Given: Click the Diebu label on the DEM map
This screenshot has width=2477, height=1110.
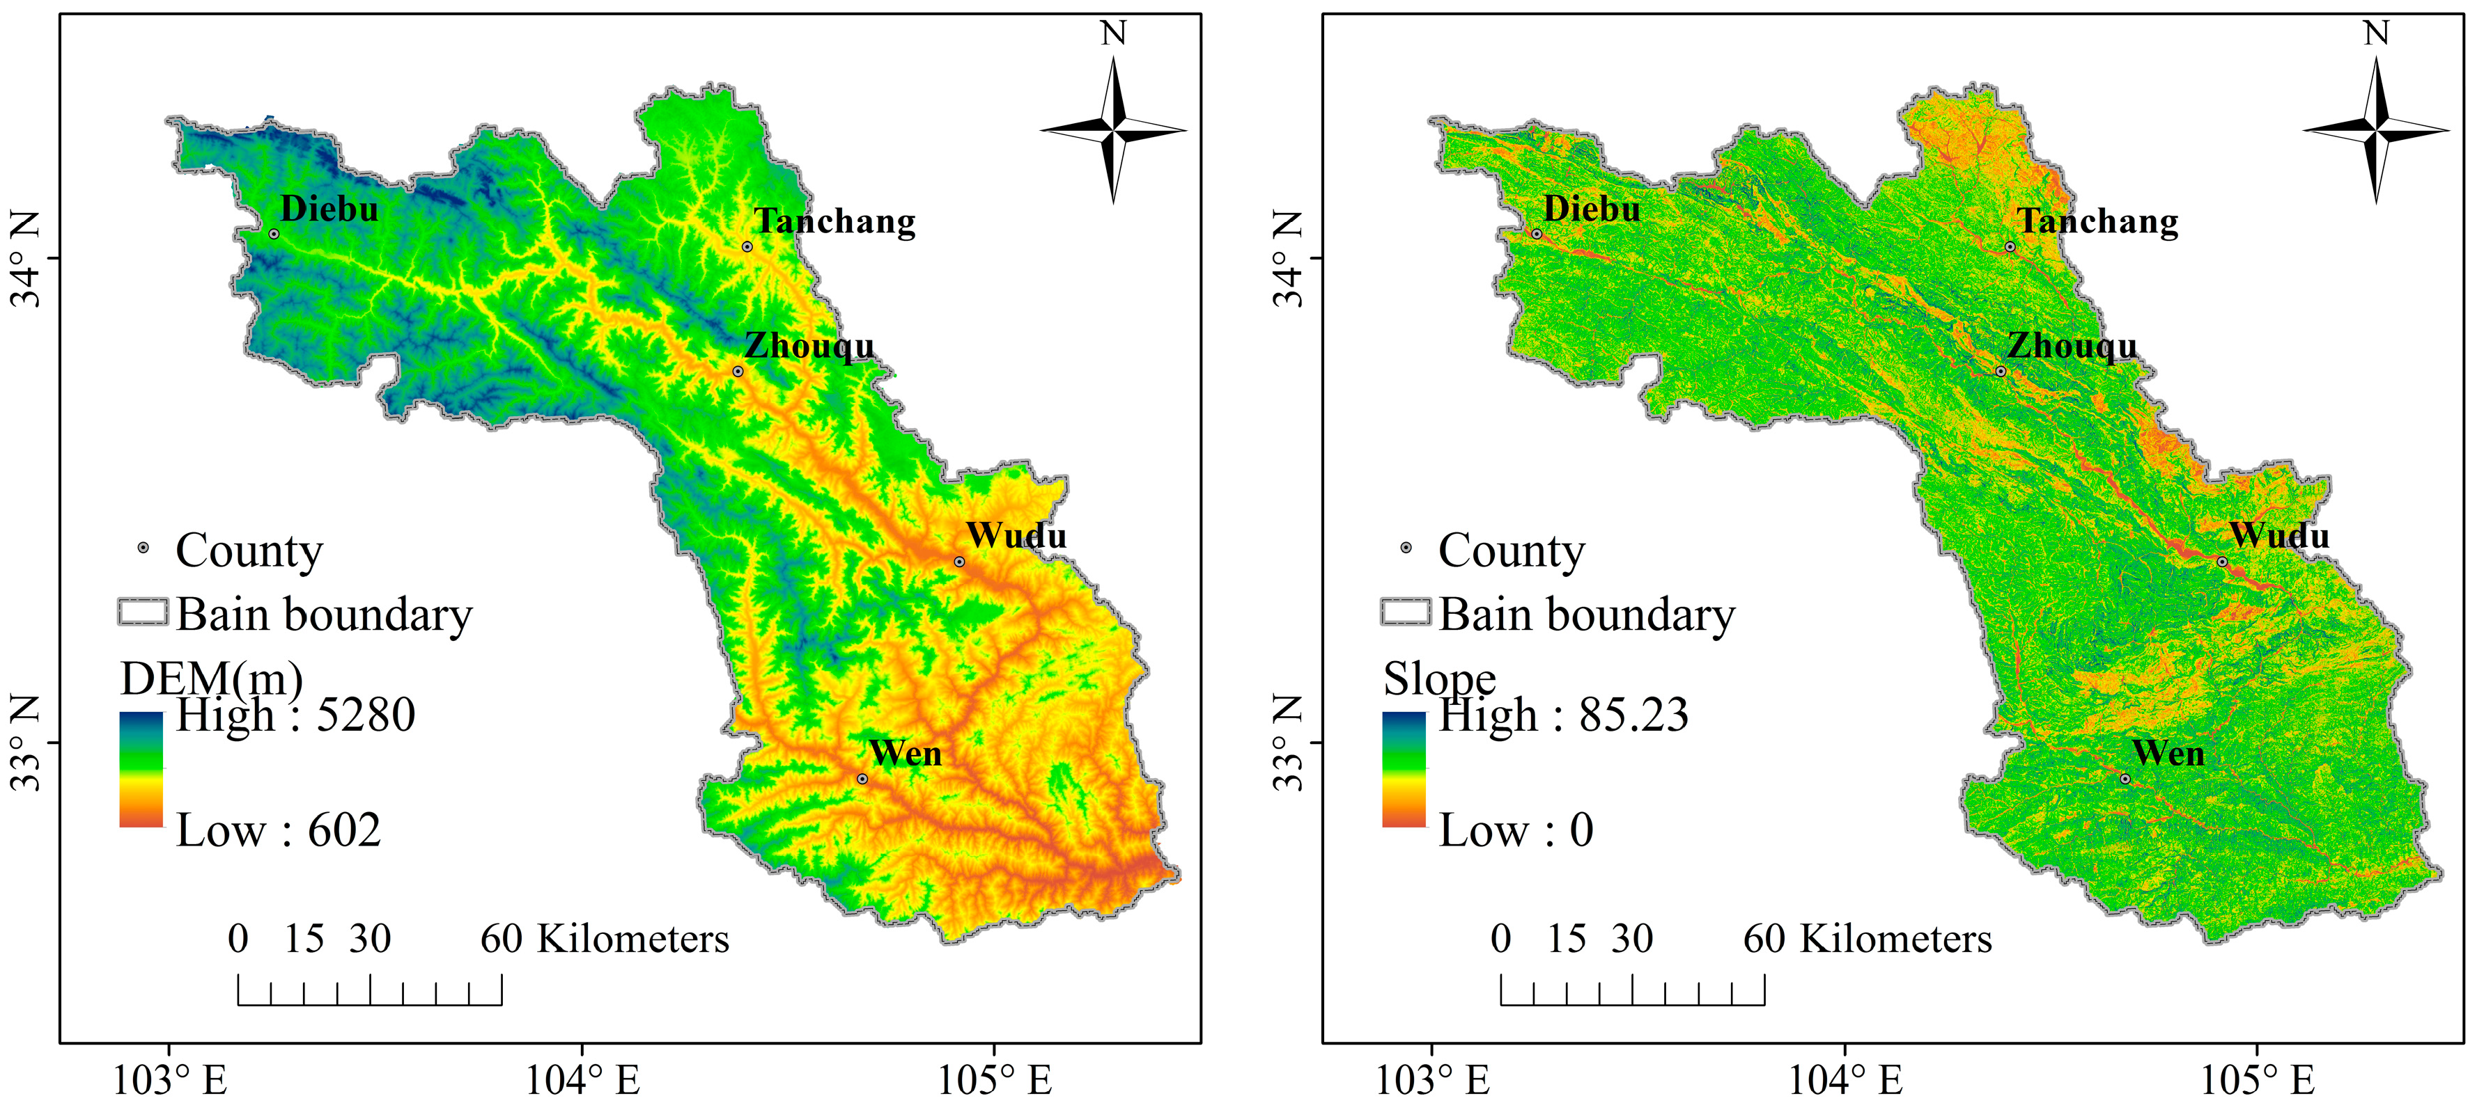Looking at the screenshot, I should point(329,209).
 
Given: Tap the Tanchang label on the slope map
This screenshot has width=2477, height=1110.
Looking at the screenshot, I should point(2097,221).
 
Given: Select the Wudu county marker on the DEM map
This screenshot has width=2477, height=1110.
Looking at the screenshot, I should point(958,561).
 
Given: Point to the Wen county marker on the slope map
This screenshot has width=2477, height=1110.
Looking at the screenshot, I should point(2125,779).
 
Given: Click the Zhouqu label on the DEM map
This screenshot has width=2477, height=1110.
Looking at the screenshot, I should point(809,346).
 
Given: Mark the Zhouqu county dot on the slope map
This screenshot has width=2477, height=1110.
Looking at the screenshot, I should point(2001,371).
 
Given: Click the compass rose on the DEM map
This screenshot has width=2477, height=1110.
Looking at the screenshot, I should point(1114,129).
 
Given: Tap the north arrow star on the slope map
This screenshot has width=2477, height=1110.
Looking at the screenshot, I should point(2376,129).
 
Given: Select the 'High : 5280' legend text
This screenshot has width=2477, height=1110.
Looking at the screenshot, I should point(295,715).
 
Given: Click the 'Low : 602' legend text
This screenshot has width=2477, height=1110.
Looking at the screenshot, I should point(278,830).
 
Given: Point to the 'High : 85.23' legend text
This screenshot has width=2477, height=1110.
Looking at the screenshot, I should point(1562,715).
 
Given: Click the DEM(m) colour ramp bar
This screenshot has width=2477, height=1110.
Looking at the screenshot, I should point(141,769).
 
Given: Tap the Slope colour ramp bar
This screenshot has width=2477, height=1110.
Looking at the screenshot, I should point(1404,769).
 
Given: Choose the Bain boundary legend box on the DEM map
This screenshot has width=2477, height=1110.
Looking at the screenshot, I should point(143,612).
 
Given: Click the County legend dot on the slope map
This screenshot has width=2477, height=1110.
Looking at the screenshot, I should point(1406,548).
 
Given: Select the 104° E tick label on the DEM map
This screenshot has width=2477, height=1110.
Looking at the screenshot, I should point(582,1080).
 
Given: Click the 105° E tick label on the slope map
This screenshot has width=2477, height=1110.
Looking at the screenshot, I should point(2257,1080).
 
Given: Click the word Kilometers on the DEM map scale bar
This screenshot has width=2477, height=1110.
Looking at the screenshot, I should point(632,939).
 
